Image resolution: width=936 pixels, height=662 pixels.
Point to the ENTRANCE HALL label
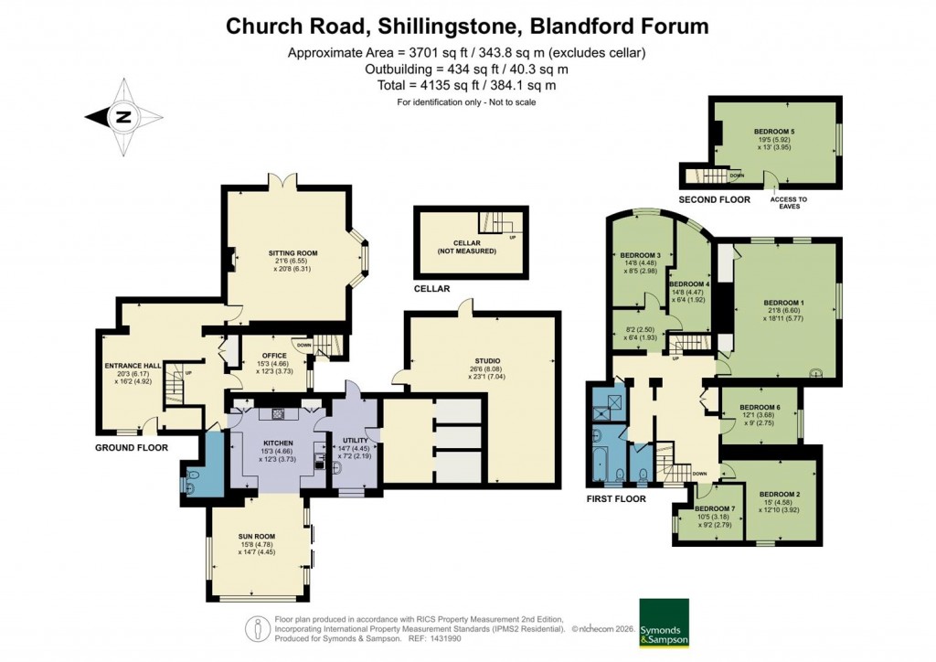pyautogui.click(x=133, y=366)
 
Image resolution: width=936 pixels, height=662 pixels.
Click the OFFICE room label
pyautogui.click(x=274, y=356)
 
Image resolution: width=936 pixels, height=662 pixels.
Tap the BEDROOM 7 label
pyautogui.click(x=714, y=508)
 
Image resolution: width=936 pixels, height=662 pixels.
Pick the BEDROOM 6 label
pyautogui.click(x=760, y=407)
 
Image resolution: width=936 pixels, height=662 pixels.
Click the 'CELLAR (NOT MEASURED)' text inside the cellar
pyautogui.click(x=472, y=247)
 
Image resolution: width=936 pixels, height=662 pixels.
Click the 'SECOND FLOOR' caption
pyautogui.click(x=714, y=199)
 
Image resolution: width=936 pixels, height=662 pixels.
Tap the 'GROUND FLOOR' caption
pyautogui.click(x=132, y=448)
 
